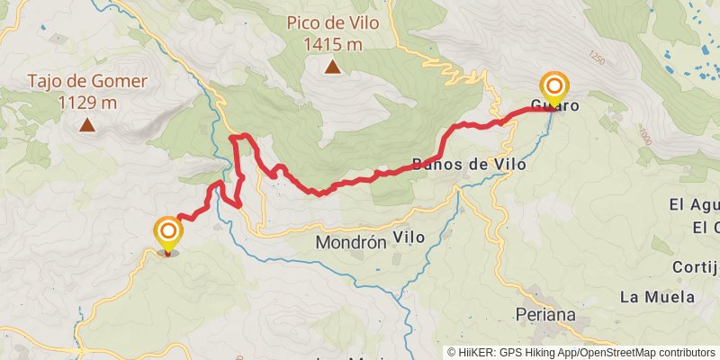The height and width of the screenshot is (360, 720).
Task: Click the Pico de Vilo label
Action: click(x=332, y=22)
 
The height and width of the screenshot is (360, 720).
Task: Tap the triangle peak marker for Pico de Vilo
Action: click(x=332, y=66)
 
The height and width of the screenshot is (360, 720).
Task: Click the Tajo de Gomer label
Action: click(x=86, y=82)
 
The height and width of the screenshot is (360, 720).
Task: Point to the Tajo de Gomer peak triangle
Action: click(x=87, y=124)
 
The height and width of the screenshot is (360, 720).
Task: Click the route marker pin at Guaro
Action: click(x=555, y=88)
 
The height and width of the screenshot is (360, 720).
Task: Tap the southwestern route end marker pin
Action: click(x=167, y=233)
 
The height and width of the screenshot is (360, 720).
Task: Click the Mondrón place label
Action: click(x=350, y=242)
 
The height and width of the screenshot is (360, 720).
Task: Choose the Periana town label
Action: click(x=545, y=314)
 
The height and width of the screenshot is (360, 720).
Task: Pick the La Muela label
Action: click(x=657, y=296)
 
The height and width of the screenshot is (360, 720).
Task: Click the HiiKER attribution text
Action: click(x=481, y=353)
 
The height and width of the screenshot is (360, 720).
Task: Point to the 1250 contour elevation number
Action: click(x=595, y=58)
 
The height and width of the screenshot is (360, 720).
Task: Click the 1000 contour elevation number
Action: click(x=643, y=136)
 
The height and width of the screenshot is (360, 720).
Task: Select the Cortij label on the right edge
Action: click(x=698, y=267)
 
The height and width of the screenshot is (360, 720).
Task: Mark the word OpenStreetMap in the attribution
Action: click(x=617, y=353)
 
